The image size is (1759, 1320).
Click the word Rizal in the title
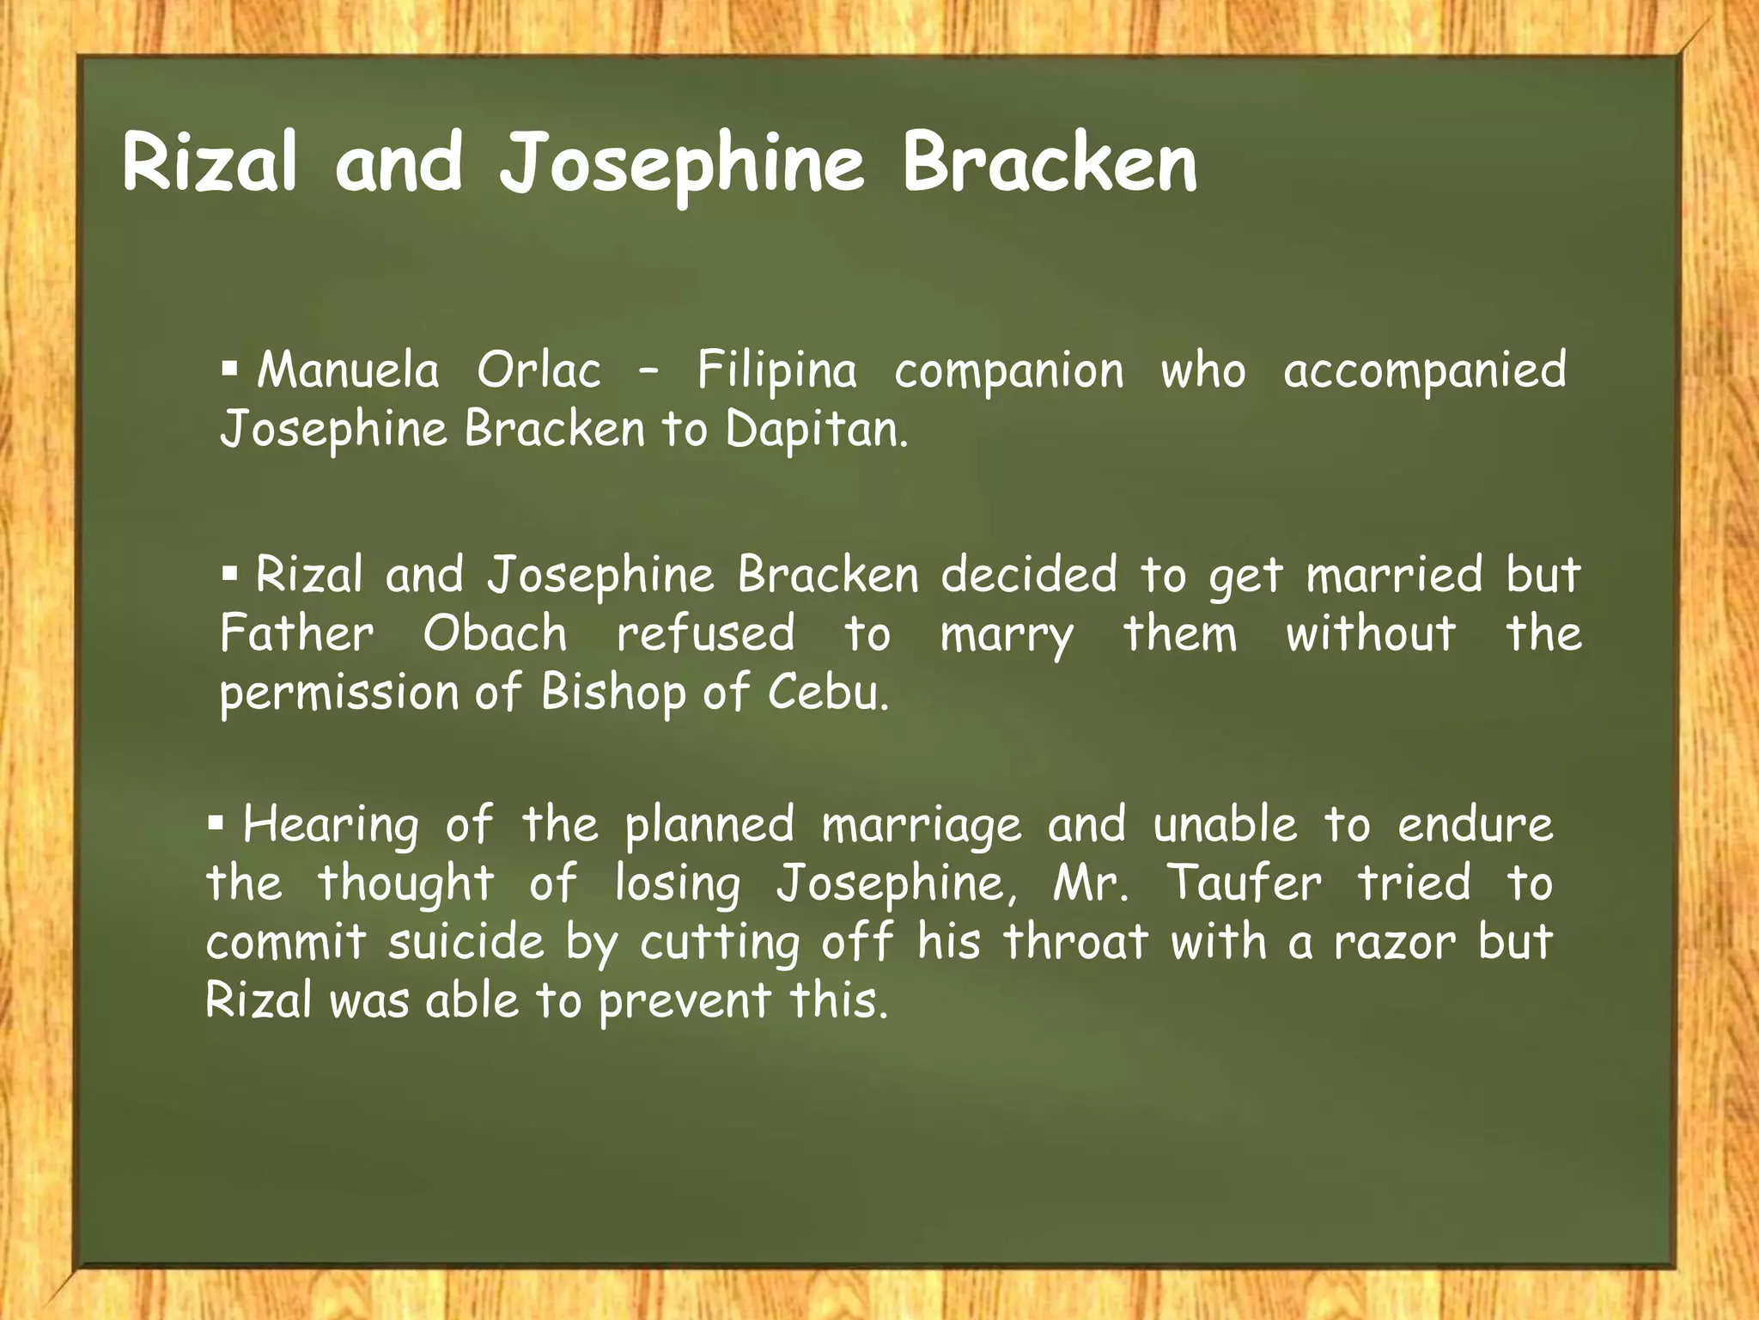click(x=210, y=163)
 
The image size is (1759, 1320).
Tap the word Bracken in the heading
click(x=1049, y=163)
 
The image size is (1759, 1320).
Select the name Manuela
click(x=348, y=371)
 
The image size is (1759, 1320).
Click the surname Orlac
click(x=539, y=371)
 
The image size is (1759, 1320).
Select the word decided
click(x=1029, y=575)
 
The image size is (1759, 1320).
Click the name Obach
click(x=495, y=634)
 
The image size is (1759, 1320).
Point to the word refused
click(x=706, y=634)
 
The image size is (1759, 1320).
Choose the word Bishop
click(x=613, y=693)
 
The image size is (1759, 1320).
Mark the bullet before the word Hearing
click(x=216, y=823)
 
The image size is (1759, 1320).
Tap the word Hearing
click(x=332, y=827)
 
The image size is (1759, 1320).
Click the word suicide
click(x=466, y=942)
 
